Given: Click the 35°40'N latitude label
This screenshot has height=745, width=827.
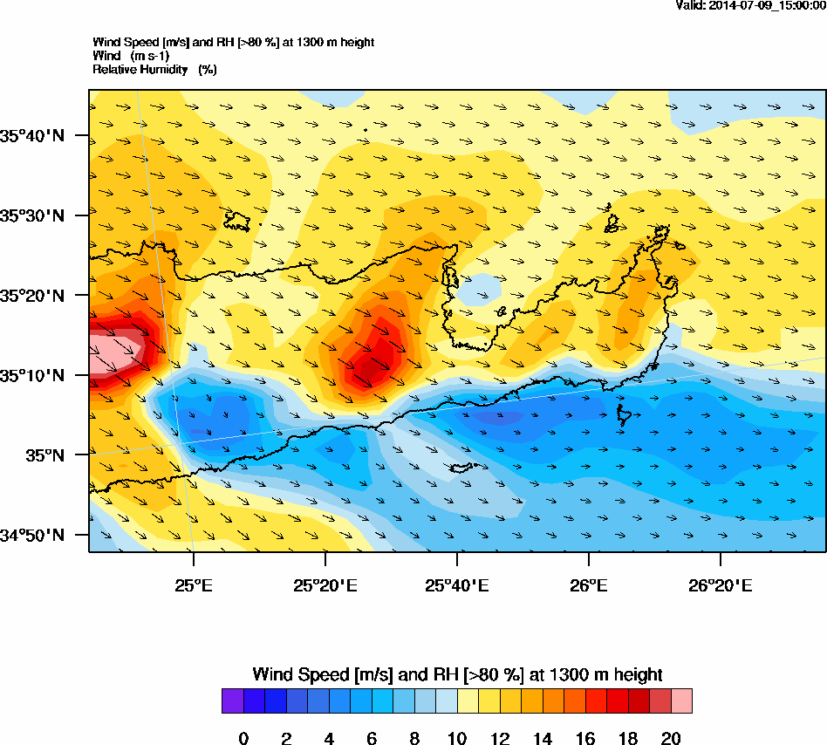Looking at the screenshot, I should (x=32, y=135).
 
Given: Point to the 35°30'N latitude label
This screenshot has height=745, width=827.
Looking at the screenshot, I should (x=32, y=215).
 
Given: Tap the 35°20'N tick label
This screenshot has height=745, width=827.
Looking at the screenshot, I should (x=32, y=296).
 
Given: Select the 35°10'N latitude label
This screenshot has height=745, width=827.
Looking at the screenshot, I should (x=32, y=376).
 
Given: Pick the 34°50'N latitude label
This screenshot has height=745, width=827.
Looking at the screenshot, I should (x=32, y=535).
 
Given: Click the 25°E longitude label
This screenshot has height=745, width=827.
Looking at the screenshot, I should (x=193, y=584).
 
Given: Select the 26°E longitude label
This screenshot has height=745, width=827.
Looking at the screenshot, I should (x=589, y=584).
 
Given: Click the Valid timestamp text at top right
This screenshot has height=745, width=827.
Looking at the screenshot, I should (x=751, y=5).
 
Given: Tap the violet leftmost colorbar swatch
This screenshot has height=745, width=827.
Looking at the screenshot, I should (x=232, y=701).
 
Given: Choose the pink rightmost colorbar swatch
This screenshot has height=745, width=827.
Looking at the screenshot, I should (x=681, y=701).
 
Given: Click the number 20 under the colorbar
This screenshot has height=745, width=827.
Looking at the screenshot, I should (x=671, y=739).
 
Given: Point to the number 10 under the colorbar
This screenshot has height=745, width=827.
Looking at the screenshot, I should (x=457, y=739).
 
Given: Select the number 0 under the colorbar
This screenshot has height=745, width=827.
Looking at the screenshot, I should (x=243, y=739).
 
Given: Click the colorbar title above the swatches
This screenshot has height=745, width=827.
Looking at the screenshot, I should (x=457, y=674).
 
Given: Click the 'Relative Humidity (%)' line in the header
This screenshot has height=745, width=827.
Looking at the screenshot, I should (x=154, y=69).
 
